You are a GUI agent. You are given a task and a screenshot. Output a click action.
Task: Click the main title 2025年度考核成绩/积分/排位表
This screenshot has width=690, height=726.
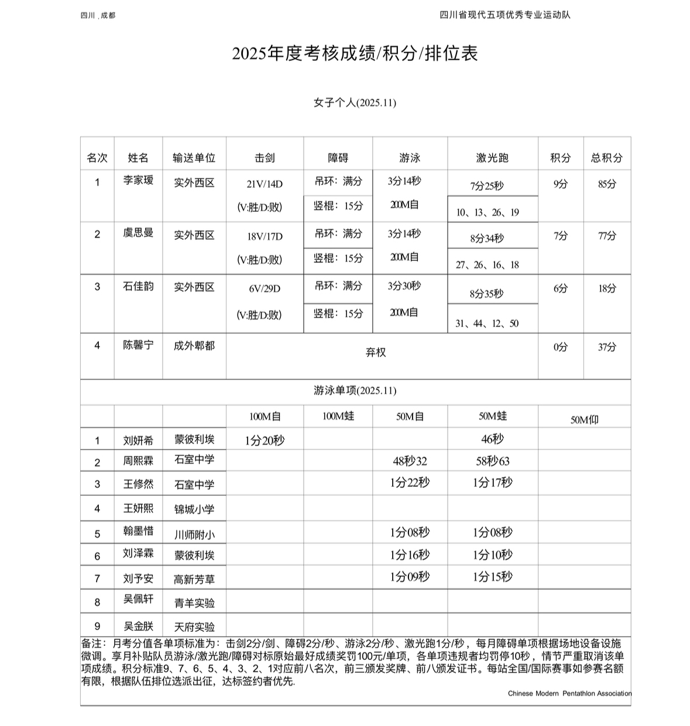(355, 54)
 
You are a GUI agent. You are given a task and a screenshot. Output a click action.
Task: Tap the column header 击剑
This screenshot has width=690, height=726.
(265, 158)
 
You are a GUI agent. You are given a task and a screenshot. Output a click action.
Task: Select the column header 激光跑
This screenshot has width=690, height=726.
(492, 158)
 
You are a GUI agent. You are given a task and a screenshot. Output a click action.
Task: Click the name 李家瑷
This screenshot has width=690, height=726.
(138, 180)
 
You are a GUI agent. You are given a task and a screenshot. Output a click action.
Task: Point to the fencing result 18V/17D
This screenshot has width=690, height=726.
(265, 236)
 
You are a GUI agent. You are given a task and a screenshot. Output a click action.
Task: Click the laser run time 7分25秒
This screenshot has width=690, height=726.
(486, 186)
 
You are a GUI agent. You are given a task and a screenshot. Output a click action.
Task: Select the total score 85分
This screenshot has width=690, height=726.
(607, 184)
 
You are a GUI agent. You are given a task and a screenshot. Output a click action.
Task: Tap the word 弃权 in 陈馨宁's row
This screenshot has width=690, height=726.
(376, 353)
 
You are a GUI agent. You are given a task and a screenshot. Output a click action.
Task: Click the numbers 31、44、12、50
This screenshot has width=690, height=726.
(487, 324)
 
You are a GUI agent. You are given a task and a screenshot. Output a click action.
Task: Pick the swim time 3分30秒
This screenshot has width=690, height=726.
(404, 286)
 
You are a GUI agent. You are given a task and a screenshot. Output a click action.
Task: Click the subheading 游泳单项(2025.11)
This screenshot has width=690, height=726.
(355, 391)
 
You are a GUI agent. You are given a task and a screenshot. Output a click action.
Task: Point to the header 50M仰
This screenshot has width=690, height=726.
(584, 419)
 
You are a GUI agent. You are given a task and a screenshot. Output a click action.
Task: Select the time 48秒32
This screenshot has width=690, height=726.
(410, 461)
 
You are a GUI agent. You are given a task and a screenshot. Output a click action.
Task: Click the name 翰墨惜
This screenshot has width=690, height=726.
(138, 531)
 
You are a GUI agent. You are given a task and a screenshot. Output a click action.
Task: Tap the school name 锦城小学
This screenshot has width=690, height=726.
(194, 510)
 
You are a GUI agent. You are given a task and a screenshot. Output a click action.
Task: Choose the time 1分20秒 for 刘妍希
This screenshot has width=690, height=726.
(265, 441)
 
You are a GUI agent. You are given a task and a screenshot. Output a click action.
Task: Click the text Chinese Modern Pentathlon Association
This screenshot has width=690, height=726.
(569, 694)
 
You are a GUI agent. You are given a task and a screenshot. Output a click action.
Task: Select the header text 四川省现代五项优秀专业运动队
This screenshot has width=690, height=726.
(504, 15)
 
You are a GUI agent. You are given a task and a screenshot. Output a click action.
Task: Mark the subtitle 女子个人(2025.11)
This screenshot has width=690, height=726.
(355, 103)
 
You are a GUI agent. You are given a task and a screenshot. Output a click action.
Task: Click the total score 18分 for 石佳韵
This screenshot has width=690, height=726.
(607, 288)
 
